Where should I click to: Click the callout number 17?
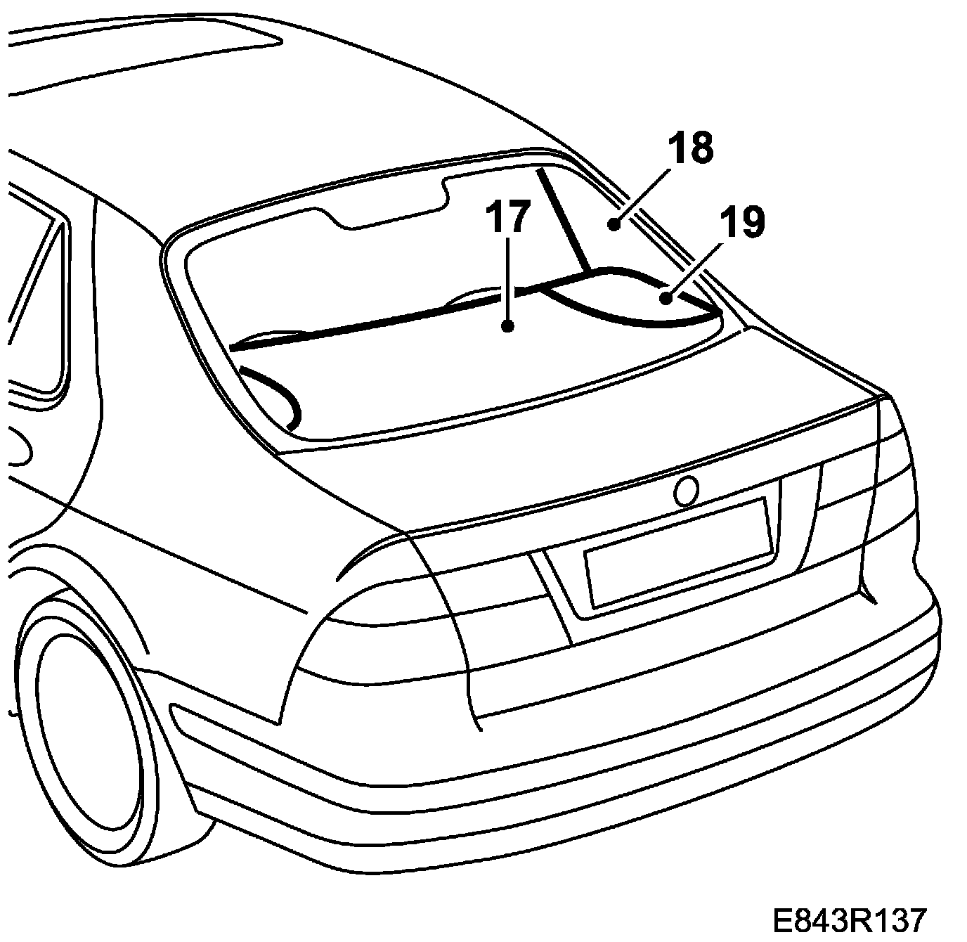pyautogui.click(x=507, y=217)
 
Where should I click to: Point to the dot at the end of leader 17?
pyautogui.click(x=507, y=325)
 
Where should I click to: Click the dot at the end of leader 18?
pyautogui.click(x=614, y=225)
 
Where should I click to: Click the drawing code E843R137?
pyautogui.click(x=849, y=920)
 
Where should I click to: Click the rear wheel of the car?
pyautogui.click(x=84, y=731)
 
